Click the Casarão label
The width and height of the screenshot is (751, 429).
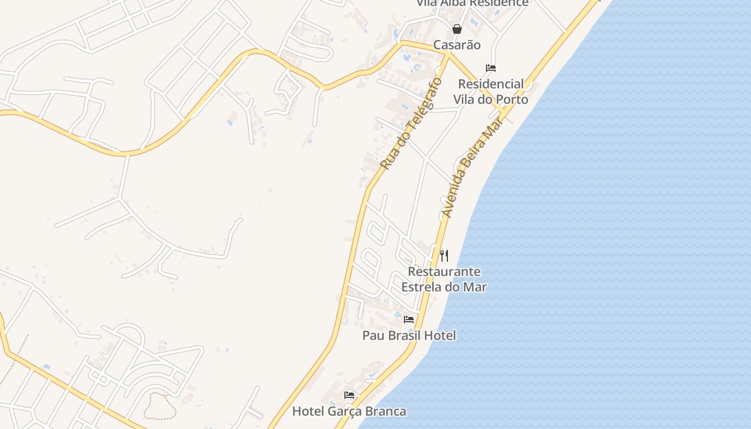click(x=457, y=45)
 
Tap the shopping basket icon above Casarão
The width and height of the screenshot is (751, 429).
click(x=457, y=29)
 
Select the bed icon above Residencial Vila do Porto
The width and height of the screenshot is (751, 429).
click(x=490, y=68)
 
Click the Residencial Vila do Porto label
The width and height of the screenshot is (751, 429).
click(x=490, y=92)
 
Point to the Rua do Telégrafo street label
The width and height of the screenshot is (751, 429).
click(x=411, y=124)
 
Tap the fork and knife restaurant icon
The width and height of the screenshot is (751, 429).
click(x=444, y=256)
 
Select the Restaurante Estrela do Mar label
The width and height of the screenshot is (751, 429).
click(x=444, y=279)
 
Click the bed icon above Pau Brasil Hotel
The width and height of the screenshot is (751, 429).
click(x=409, y=320)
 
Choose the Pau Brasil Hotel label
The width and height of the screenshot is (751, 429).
click(x=409, y=336)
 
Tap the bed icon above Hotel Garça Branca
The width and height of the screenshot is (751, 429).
click(x=349, y=395)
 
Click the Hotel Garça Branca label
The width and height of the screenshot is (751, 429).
click(x=349, y=412)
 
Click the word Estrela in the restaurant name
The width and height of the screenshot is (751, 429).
click(x=423, y=287)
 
